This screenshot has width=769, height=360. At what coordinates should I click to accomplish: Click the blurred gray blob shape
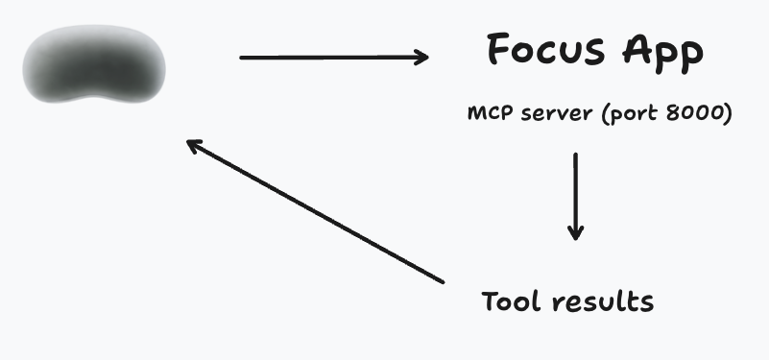(x=95, y=66)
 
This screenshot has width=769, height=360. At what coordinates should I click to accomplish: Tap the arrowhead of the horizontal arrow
(x=421, y=58)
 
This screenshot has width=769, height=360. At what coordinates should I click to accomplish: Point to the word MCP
(x=488, y=114)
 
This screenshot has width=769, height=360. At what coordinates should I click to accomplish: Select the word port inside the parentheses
(x=627, y=115)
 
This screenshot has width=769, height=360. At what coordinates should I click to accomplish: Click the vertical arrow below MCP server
(x=575, y=192)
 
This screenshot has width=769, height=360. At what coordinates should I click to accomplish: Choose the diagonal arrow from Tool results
(x=317, y=212)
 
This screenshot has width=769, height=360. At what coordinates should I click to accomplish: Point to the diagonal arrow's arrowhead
(x=192, y=144)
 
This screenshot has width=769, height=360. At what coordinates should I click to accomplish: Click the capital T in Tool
(x=490, y=300)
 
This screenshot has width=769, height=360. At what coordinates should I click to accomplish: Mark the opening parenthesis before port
(x=601, y=115)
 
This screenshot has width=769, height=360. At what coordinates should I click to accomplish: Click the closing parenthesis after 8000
(x=730, y=115)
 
